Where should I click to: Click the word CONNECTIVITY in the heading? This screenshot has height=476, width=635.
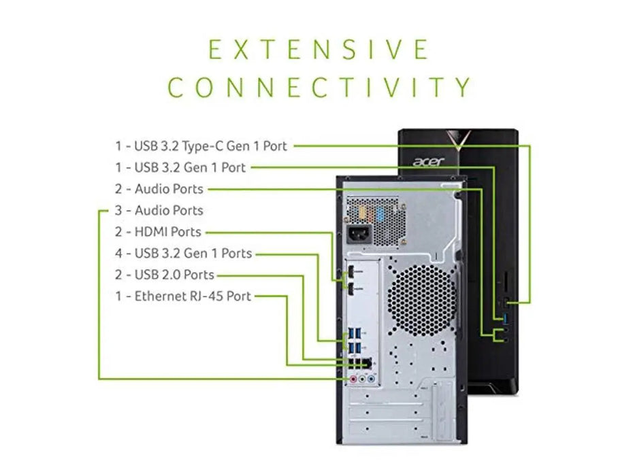coord(319,87)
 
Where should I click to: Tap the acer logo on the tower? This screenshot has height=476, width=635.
coord(427,162)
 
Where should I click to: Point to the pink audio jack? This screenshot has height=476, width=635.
coord(353,379)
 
